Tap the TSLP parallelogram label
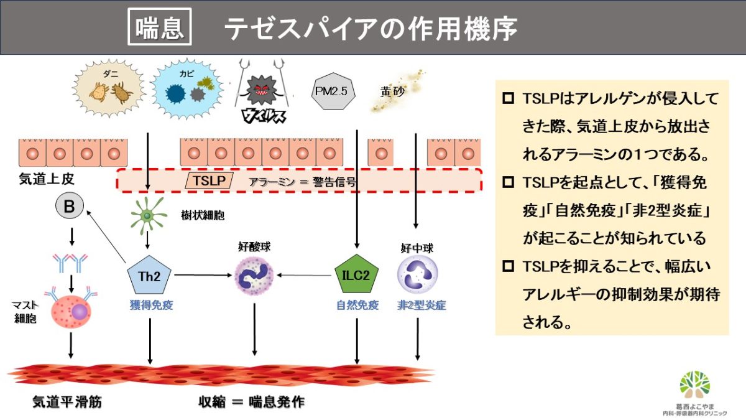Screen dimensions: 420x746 click(210, 181)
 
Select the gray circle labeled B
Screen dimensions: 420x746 click(70, 207)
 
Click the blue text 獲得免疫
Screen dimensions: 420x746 click(149, 306)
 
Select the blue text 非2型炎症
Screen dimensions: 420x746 click(421, 306)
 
